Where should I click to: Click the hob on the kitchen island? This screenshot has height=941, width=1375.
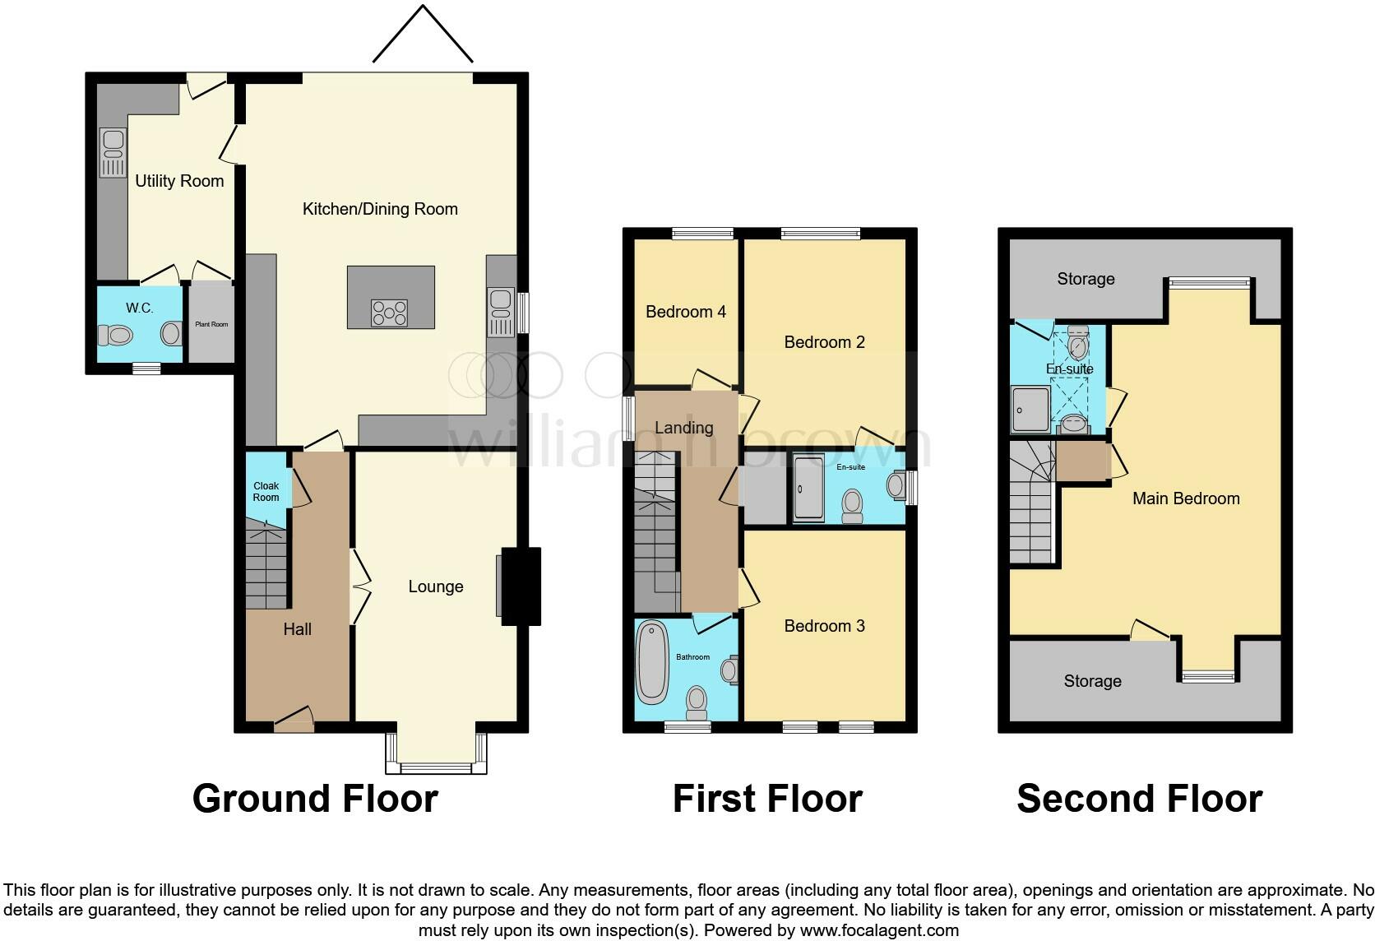[x=390, y=313]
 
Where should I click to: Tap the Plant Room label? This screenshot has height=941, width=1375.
[x=211, y=324]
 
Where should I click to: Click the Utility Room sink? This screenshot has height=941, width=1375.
[x=113, y=153]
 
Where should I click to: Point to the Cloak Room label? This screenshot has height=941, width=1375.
[x=266, y=492]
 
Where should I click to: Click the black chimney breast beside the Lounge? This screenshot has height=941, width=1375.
[x=521, y=586]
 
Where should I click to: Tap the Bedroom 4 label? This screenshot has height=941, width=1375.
[x=685, y=312]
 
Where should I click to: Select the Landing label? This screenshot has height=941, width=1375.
[x=683, y=428]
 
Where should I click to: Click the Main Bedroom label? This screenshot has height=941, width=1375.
[x=1185, y=498]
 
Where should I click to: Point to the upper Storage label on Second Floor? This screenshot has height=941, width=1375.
[x=1086, y=280]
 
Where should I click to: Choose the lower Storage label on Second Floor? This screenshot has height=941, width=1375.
[x=1092, y=681]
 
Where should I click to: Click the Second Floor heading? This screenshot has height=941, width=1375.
[x=1139, y=799]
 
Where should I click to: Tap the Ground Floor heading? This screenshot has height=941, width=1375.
[x=314, y=799]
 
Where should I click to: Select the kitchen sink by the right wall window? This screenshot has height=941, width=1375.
[x=500, y=312]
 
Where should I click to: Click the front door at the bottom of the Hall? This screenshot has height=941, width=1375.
[x=294, y=721]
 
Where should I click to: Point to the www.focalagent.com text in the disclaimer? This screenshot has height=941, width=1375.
[x=879, y=931]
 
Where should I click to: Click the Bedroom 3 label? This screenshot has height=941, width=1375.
[x=824, y=626]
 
